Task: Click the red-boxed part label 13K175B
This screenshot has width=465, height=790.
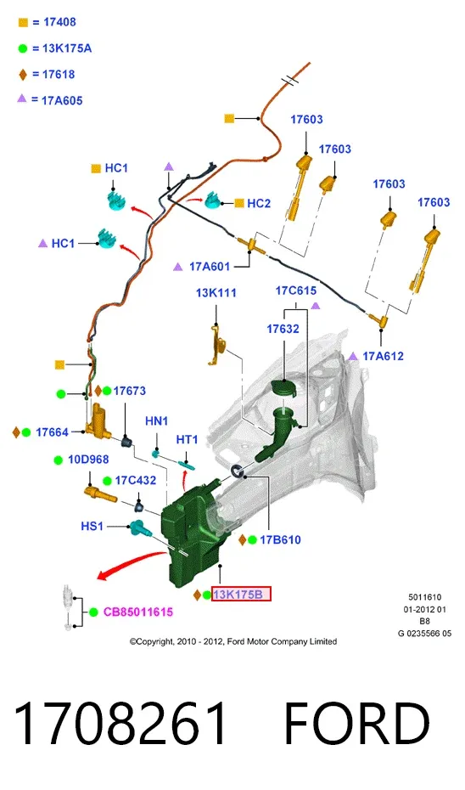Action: coord(241,595)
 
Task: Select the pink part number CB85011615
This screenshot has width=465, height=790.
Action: coord(138,612)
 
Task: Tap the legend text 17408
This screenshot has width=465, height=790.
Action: coord(60,22)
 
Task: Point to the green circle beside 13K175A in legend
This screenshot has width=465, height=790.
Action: coord(23,49)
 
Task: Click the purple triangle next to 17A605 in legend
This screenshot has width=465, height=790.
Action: coord(22,99)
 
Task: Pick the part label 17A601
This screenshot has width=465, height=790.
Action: coord(210,267)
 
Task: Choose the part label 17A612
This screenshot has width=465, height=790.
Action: coord(383,356)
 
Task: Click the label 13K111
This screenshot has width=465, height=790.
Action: coord(216,293)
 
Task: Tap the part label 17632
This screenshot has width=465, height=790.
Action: coord(283,329)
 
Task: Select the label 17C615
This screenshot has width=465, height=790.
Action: coord(296,291)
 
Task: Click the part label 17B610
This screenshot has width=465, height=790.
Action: coord(280,540)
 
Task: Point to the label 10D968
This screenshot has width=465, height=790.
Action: coord(88,460)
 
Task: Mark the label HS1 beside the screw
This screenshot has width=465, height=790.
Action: coord(92,527)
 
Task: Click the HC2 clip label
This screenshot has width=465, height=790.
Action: coord(259,204)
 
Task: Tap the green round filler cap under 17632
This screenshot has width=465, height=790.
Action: coord(283,389)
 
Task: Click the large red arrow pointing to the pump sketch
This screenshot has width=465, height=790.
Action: coord(131,564)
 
